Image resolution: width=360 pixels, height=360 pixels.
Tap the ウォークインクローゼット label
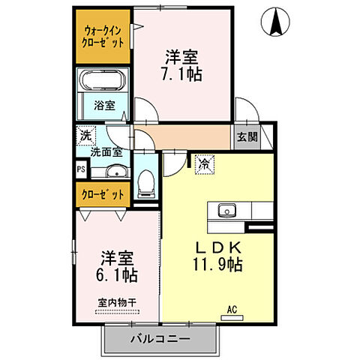pyautogui.click(x=104, y=37)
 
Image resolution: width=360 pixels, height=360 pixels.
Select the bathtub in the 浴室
pyautogui.click(x=105, y=82)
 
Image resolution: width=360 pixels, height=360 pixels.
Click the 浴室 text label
pyautogui.click(x=104, y=106)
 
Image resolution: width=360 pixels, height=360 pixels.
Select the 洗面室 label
pyautogui.click(x=106, y=151)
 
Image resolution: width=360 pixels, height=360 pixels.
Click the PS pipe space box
pyautogui.click(x=81, y=170)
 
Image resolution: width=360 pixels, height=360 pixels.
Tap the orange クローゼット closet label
pyautogui.click(x=104, y=195)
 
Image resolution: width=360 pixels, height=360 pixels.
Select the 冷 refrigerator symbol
pyautogui.click(x=204, y=162)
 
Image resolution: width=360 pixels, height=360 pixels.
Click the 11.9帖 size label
pyautogui.click(x=218, y=265)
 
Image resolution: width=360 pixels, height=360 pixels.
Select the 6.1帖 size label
pyautogui.click(x=116, y=274)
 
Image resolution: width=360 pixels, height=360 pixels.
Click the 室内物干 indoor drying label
pyautogui.click(x=116, y=303)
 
